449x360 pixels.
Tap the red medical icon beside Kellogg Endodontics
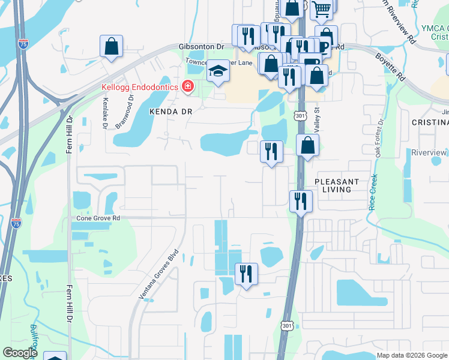188,88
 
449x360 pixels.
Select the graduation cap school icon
218,72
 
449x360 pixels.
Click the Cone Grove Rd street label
98,218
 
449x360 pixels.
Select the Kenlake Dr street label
105,113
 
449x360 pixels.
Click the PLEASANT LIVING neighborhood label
337,185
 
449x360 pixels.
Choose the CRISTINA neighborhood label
430,122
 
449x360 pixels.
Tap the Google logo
20,353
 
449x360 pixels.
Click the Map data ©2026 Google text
412,355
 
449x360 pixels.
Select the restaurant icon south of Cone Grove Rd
246,275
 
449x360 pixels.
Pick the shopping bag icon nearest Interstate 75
111,47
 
